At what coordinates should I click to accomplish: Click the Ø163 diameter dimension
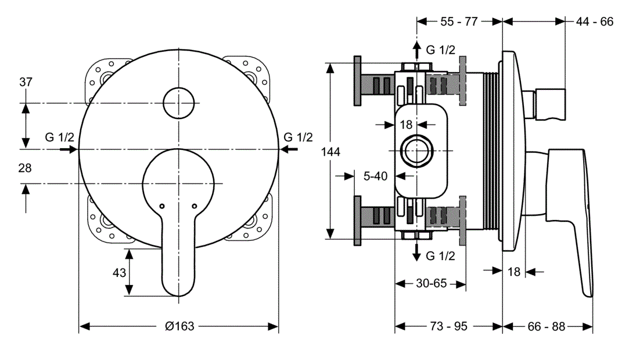point(179,326)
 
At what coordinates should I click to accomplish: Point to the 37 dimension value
point(26,82)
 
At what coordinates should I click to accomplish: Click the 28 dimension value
point(25,168)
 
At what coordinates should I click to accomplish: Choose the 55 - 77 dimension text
point(459,21)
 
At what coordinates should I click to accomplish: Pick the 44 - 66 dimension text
point(595,21)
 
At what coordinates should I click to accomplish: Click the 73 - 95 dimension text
point(448,326)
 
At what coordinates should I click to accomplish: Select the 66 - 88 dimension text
point(546,326)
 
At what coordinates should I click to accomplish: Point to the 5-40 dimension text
point(375,175)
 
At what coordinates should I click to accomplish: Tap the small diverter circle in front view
point(179,103)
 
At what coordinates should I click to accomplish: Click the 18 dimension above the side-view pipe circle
point(406,124)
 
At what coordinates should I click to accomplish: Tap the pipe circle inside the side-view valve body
point(416,150)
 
